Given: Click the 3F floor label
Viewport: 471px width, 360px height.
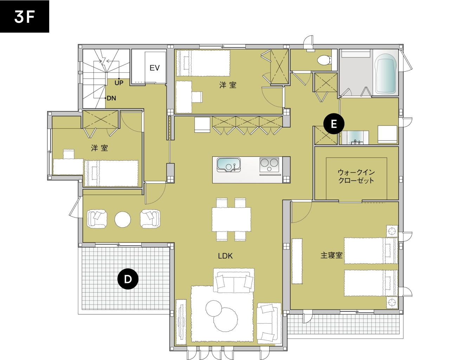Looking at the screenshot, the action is (x=25, y=17).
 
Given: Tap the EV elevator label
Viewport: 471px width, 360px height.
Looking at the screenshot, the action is (x=155, y=68).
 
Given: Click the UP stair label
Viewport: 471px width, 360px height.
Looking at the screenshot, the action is (x=119, y=83).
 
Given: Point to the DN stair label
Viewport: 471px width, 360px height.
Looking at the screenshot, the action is (x=111, y=98).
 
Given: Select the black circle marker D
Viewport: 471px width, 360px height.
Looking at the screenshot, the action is (x=128, y=279).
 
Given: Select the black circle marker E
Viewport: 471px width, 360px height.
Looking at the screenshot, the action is (x=334, y=124).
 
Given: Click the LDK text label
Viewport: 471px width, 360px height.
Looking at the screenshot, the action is (x=225, y=256).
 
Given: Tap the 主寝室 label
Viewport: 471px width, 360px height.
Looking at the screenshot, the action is (x=331, y=255).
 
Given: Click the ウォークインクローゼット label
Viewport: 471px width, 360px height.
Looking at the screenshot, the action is (x=356, y=176).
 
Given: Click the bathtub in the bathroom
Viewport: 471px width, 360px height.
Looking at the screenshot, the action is (x=386, y=73).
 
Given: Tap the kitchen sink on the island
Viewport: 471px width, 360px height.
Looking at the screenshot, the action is (x=228, y=165).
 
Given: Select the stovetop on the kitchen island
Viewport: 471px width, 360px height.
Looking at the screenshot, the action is (x=269, y=165).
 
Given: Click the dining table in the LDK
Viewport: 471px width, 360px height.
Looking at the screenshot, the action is (x=231, y=219).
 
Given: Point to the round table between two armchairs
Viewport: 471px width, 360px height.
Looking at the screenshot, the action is (x=123, y=220).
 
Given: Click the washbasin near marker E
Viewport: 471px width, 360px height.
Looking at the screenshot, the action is (x=355, y=138).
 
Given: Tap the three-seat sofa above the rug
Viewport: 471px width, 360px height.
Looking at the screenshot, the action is (x=234, y=281).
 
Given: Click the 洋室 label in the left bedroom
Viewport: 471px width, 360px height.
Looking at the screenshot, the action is (x=99, y=148).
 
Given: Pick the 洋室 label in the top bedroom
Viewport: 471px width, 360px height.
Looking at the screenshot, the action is (x=228, y=85).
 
